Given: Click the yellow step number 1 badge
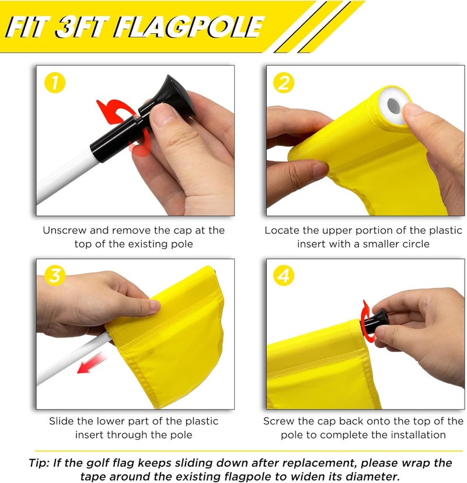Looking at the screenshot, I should point(55,84).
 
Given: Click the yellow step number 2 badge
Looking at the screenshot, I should point(284,84).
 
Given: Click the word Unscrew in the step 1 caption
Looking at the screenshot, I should point(63,231).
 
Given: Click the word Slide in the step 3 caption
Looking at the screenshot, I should point(61,421).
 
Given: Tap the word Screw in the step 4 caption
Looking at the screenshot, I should point(278,421).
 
